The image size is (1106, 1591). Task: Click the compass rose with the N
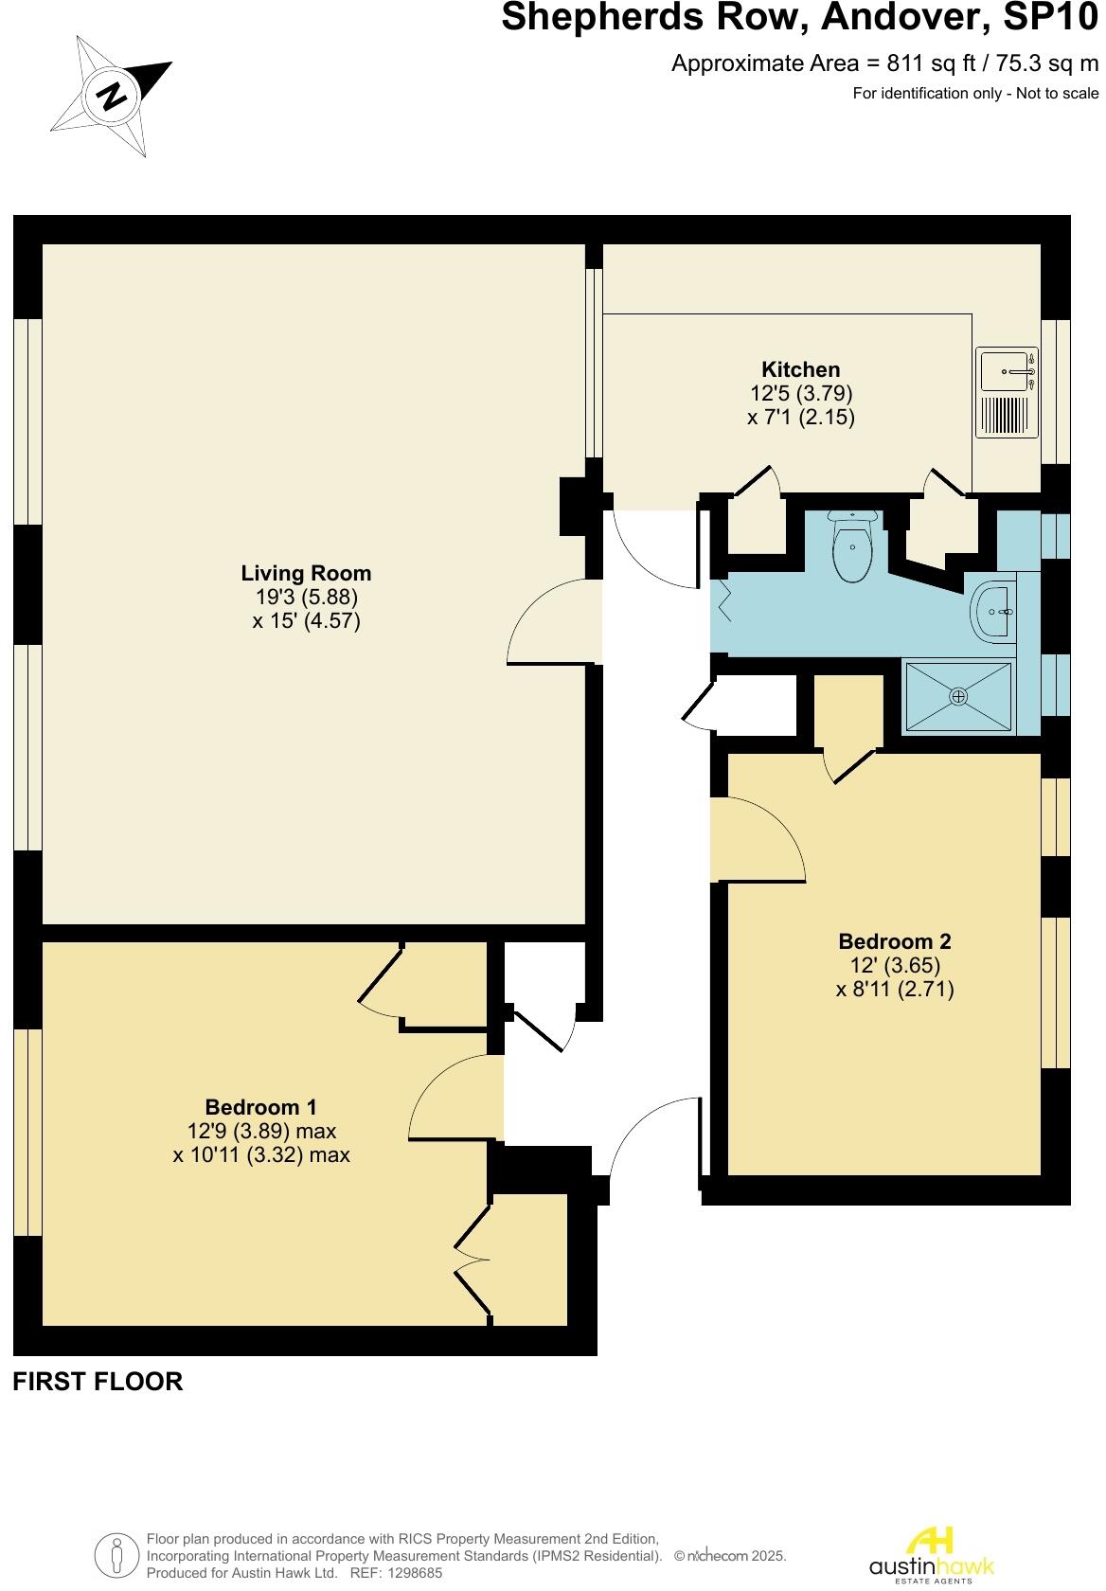(x=111, y=96)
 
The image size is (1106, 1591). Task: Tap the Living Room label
(x=306, y=573)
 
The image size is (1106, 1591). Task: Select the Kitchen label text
(x=800, y=369)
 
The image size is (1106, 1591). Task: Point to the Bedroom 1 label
(x=260, y=1106)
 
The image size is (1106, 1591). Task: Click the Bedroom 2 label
(x=894, y=941)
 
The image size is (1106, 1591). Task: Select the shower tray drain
(x=958, y=696)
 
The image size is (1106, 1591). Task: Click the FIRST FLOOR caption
(x=98, y=1382)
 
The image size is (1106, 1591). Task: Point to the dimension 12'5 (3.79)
(x=801, y=393)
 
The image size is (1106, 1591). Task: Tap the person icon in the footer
(x=116, y=1553)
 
